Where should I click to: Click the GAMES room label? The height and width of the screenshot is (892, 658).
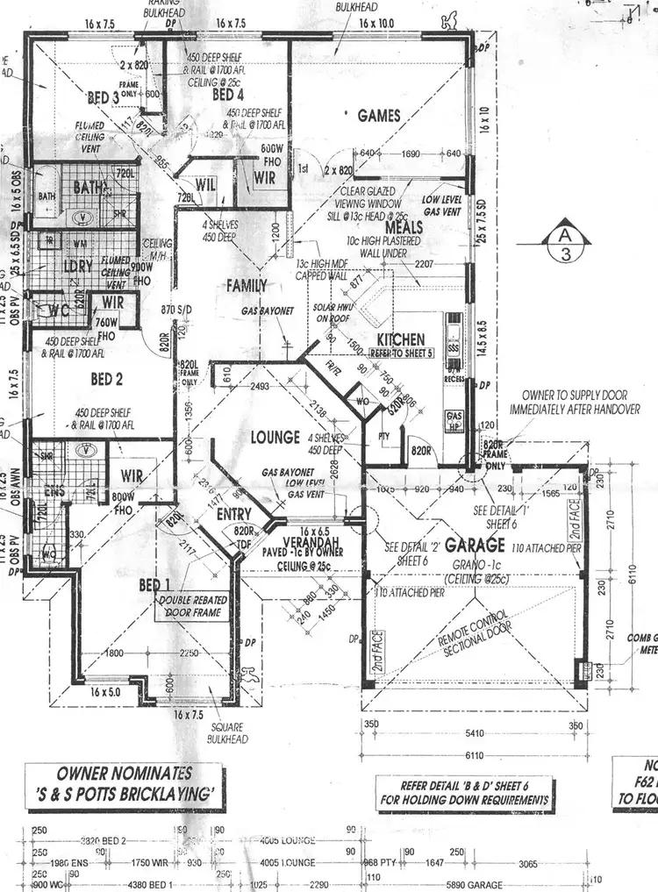[378, 116]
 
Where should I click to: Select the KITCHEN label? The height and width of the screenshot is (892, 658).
[400, 339]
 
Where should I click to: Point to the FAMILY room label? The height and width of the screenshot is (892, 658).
[247, 286]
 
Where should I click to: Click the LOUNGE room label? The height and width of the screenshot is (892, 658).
[275, 437]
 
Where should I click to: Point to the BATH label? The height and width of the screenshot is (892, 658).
[89, 187]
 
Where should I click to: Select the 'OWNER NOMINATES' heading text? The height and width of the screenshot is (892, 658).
[125, 774]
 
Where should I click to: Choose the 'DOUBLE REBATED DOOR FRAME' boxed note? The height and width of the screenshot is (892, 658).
[192, 606]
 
